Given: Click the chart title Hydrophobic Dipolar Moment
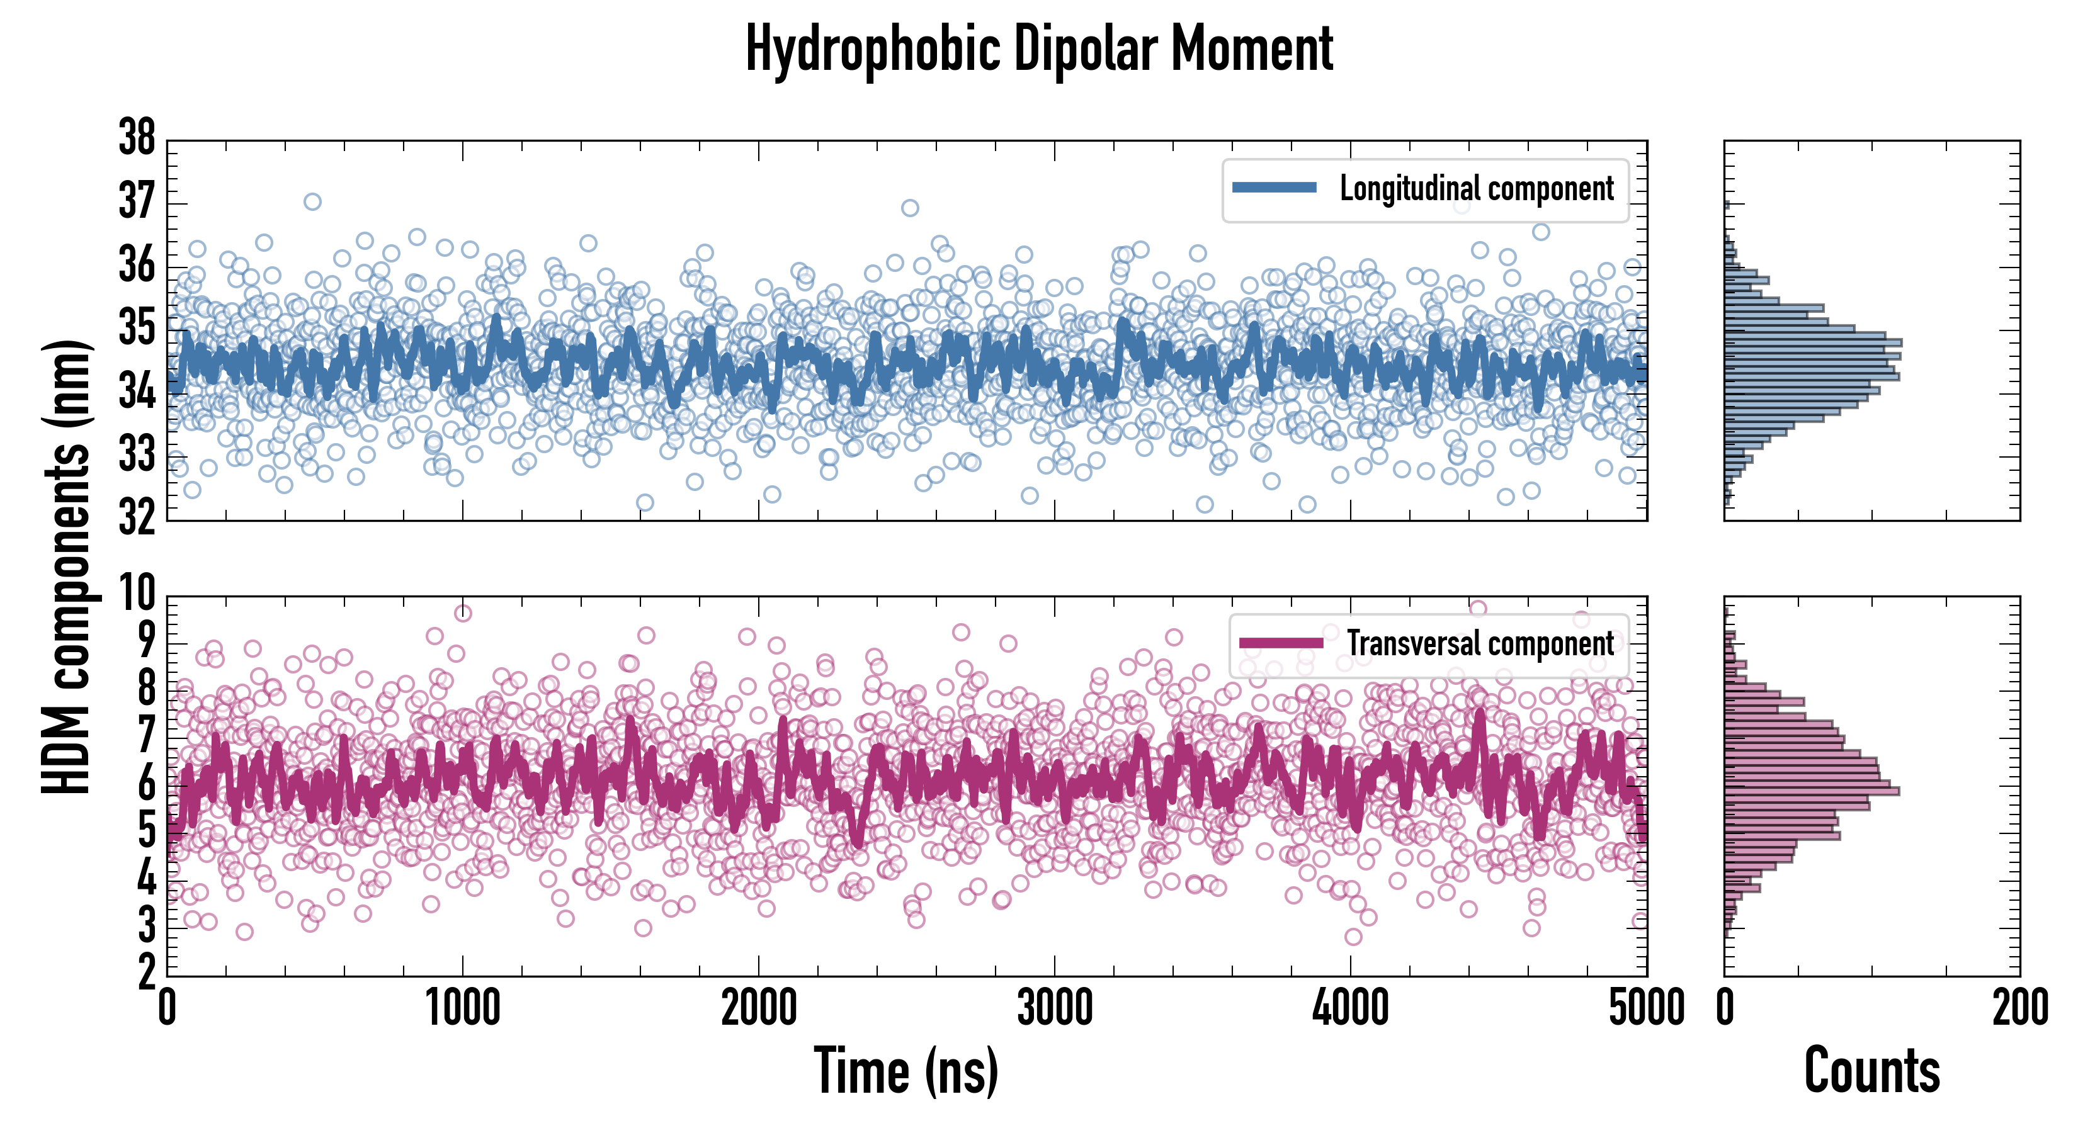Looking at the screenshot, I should click(1038, 50).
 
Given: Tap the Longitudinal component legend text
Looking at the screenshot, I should click(1476, 189).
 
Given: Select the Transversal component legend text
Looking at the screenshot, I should click(1480, 643).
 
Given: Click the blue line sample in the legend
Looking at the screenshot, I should click(1275, 188).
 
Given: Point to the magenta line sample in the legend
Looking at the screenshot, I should click(1281, 643).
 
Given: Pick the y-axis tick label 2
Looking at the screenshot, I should click(146, 972).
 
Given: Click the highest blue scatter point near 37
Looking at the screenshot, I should click(312, 201).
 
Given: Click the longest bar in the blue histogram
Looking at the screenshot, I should click(1813, 342).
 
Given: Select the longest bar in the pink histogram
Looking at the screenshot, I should click(1812, 791).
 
